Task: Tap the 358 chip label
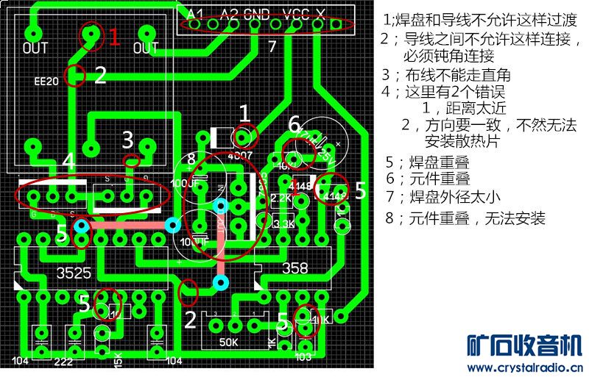[x=295, y=269]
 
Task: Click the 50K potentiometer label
[x=228, y=342]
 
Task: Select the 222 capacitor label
[x=63, y=362]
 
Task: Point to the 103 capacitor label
[x=303, y=356]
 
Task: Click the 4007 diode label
[x=240, y=156]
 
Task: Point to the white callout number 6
[x=294, y=125]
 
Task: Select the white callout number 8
[x=191, y=159]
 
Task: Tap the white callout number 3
[x=127, y=140]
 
